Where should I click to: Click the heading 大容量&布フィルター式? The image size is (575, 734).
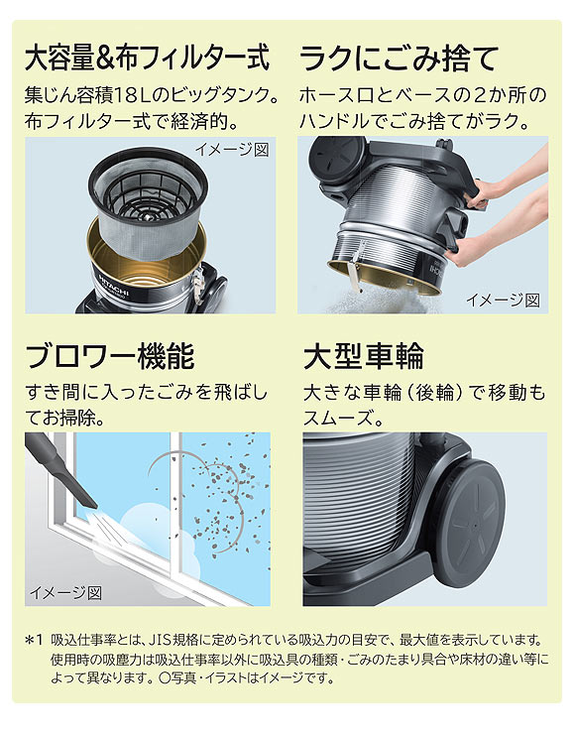pos(147,58)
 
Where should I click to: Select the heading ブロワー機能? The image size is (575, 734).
pos(110,354)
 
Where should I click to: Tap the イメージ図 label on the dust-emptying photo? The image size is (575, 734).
pos(503,299)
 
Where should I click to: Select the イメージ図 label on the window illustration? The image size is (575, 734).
pos(65,592)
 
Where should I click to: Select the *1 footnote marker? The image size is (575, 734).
pos(35,640)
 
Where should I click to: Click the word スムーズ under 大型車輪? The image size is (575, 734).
pos(343,418)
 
